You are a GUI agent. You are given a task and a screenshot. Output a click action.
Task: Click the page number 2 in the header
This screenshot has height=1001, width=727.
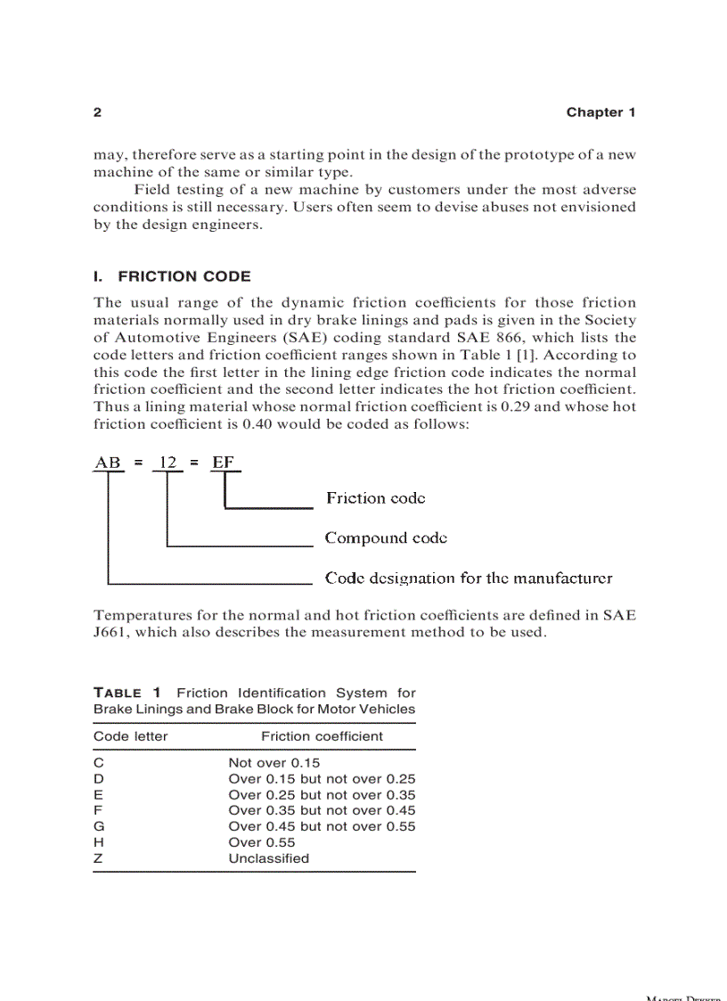click(97, 112)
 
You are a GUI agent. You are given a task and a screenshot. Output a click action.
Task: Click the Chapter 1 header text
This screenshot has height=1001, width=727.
click(600, 112)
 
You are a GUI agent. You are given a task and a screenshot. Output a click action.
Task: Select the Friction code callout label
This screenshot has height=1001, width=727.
click(375, 498)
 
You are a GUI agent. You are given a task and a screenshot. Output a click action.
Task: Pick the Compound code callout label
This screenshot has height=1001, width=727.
click(386, 537)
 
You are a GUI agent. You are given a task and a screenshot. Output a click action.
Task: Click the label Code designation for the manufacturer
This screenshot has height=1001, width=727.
click(469, 578)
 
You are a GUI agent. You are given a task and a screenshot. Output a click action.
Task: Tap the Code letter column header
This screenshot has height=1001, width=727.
click(131, 736)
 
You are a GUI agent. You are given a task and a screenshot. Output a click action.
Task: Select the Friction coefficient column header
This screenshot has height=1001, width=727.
click(322, 736)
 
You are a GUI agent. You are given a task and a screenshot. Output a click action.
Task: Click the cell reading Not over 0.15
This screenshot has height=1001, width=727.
click(274, 763)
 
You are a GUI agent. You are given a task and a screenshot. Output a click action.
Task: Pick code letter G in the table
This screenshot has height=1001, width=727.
click(99, 827)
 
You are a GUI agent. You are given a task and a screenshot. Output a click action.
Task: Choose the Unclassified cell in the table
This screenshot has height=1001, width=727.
click(268, 859)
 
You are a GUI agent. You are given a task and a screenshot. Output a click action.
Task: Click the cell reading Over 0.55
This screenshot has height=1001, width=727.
click(261, 843)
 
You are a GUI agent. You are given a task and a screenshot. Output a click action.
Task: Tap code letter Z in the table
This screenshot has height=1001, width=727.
click(98, 859)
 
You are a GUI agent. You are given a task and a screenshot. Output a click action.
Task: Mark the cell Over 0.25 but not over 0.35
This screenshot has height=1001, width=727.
click(322, 795)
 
